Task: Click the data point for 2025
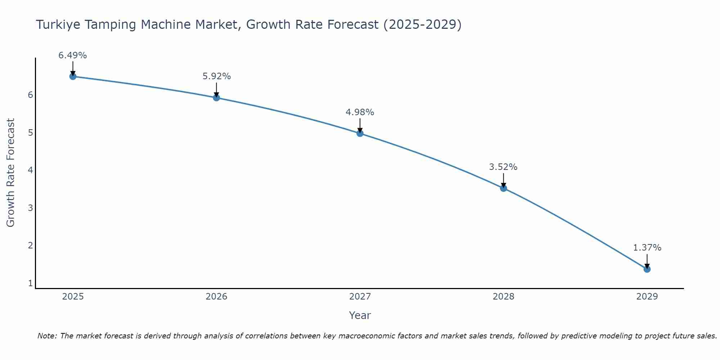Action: coord(73,76)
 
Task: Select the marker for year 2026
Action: coord(216,98)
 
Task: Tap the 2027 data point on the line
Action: coord(360,133)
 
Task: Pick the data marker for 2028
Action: coord(503,188)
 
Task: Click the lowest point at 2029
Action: coord(647,269)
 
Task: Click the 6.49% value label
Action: coord(73,55)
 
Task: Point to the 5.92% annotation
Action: coord(216,76)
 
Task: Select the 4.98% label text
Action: coord(360,112)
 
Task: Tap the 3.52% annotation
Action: coord(503,167)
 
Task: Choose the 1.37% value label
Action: coord(647,248)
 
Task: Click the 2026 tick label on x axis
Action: coord(216,297)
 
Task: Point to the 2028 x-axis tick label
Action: coord(503,297)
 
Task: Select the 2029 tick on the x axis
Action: coord(647,297)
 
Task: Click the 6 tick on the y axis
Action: coord(31,95)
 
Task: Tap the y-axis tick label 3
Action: coord(31,208)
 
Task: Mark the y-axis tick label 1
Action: coord(31,283)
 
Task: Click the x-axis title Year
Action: coord(360,315)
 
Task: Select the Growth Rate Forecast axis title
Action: coord(11,173)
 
